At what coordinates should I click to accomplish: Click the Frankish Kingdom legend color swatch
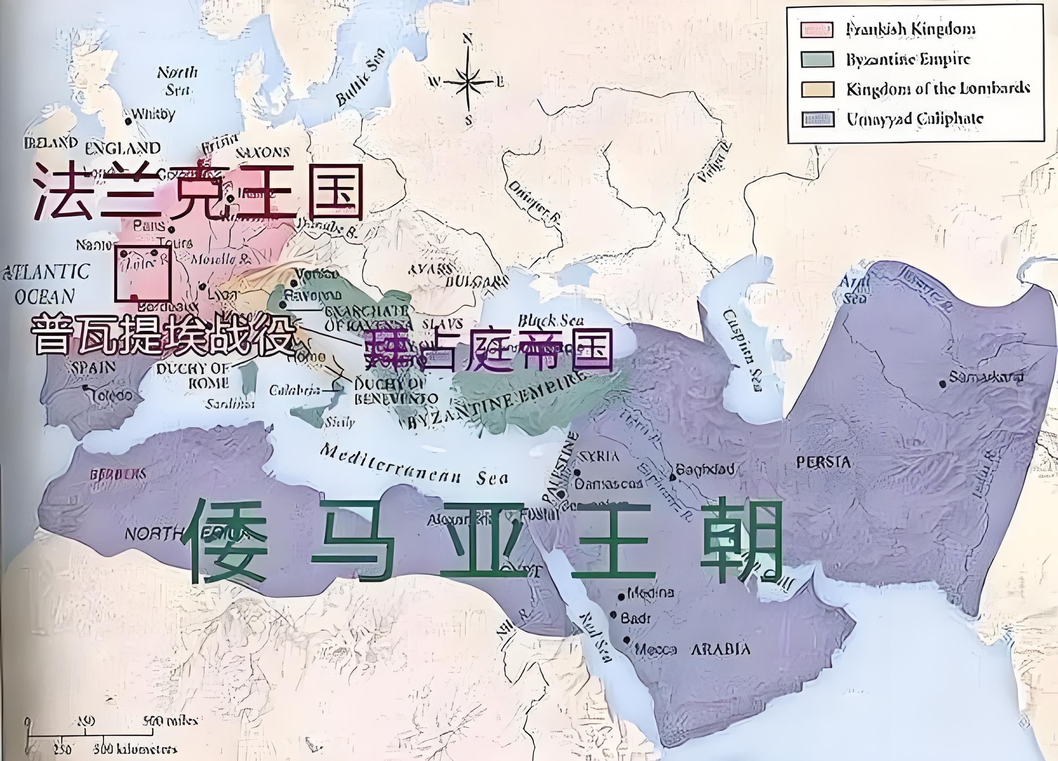pyautogui.click(x=817, y=30)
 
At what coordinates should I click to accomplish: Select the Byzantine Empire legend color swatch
pyautogui.click(x=817, y=59)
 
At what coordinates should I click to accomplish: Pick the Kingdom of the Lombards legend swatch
pyautogui.click(x=817, y=89)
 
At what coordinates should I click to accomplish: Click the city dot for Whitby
pyautogui.click(x=128, y=121)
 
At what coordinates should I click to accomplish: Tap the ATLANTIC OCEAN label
pyautogui.click(x=46, y=283)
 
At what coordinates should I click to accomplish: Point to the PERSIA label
pyautogui.click(x=824, y=462)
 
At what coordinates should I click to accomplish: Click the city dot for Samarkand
pyautogui.click(x=942, y=384)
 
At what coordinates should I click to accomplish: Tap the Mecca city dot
pyautogui.click(x=626, y=640)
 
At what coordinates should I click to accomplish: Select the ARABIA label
pyautogui.click(x=720, y=649)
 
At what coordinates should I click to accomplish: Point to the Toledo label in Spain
pyautogui.click(x=112, y=396)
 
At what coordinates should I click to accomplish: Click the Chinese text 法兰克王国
pyautogui.click(x=198, y=192)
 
